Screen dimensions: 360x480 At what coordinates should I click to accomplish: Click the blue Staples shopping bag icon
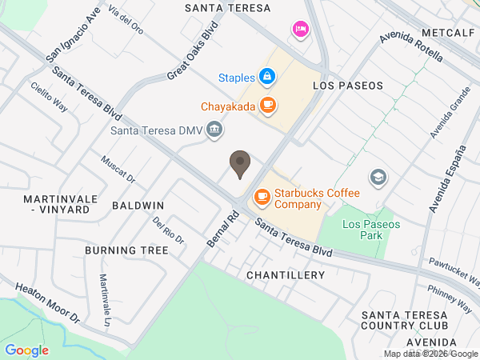click(267, 77)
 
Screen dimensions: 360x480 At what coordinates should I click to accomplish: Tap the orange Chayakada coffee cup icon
click(267, 104)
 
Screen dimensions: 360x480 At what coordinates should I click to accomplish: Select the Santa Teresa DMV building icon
click(214, 129)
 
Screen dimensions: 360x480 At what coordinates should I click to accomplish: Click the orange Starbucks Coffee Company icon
click(262, 195)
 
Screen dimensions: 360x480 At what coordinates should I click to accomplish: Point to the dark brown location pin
click(239, 164)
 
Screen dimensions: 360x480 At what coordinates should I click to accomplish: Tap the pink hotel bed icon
click(300, 30)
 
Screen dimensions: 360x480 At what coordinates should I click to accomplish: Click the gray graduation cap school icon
click(378, 177)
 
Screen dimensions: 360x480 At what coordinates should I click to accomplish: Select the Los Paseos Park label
click(371, 230)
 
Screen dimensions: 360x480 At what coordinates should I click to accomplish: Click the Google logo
click(26, 350)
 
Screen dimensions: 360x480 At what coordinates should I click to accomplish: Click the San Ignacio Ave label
click(74, 35)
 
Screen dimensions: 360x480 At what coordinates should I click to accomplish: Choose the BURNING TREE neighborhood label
click(126, 250)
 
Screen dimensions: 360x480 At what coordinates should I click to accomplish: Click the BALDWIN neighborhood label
click(138, 206)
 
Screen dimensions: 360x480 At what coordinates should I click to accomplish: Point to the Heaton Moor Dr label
click(48, 300)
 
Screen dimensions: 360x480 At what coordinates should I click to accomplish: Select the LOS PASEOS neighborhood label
click(348, 85)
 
